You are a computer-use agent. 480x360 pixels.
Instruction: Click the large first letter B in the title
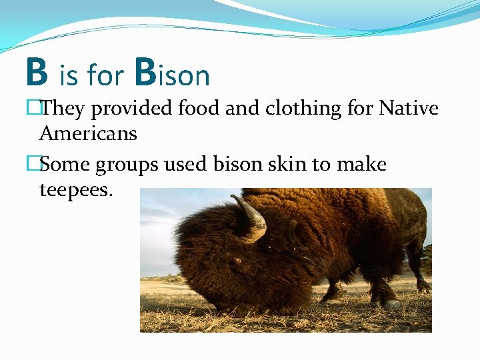37,73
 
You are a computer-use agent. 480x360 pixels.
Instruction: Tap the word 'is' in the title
68,77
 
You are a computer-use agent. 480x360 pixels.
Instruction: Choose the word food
196,108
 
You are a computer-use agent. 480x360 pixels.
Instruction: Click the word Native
408,108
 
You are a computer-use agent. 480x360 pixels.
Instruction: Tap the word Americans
88,133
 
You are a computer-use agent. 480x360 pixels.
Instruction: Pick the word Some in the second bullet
65,164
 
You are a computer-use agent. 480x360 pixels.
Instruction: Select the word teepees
77,191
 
